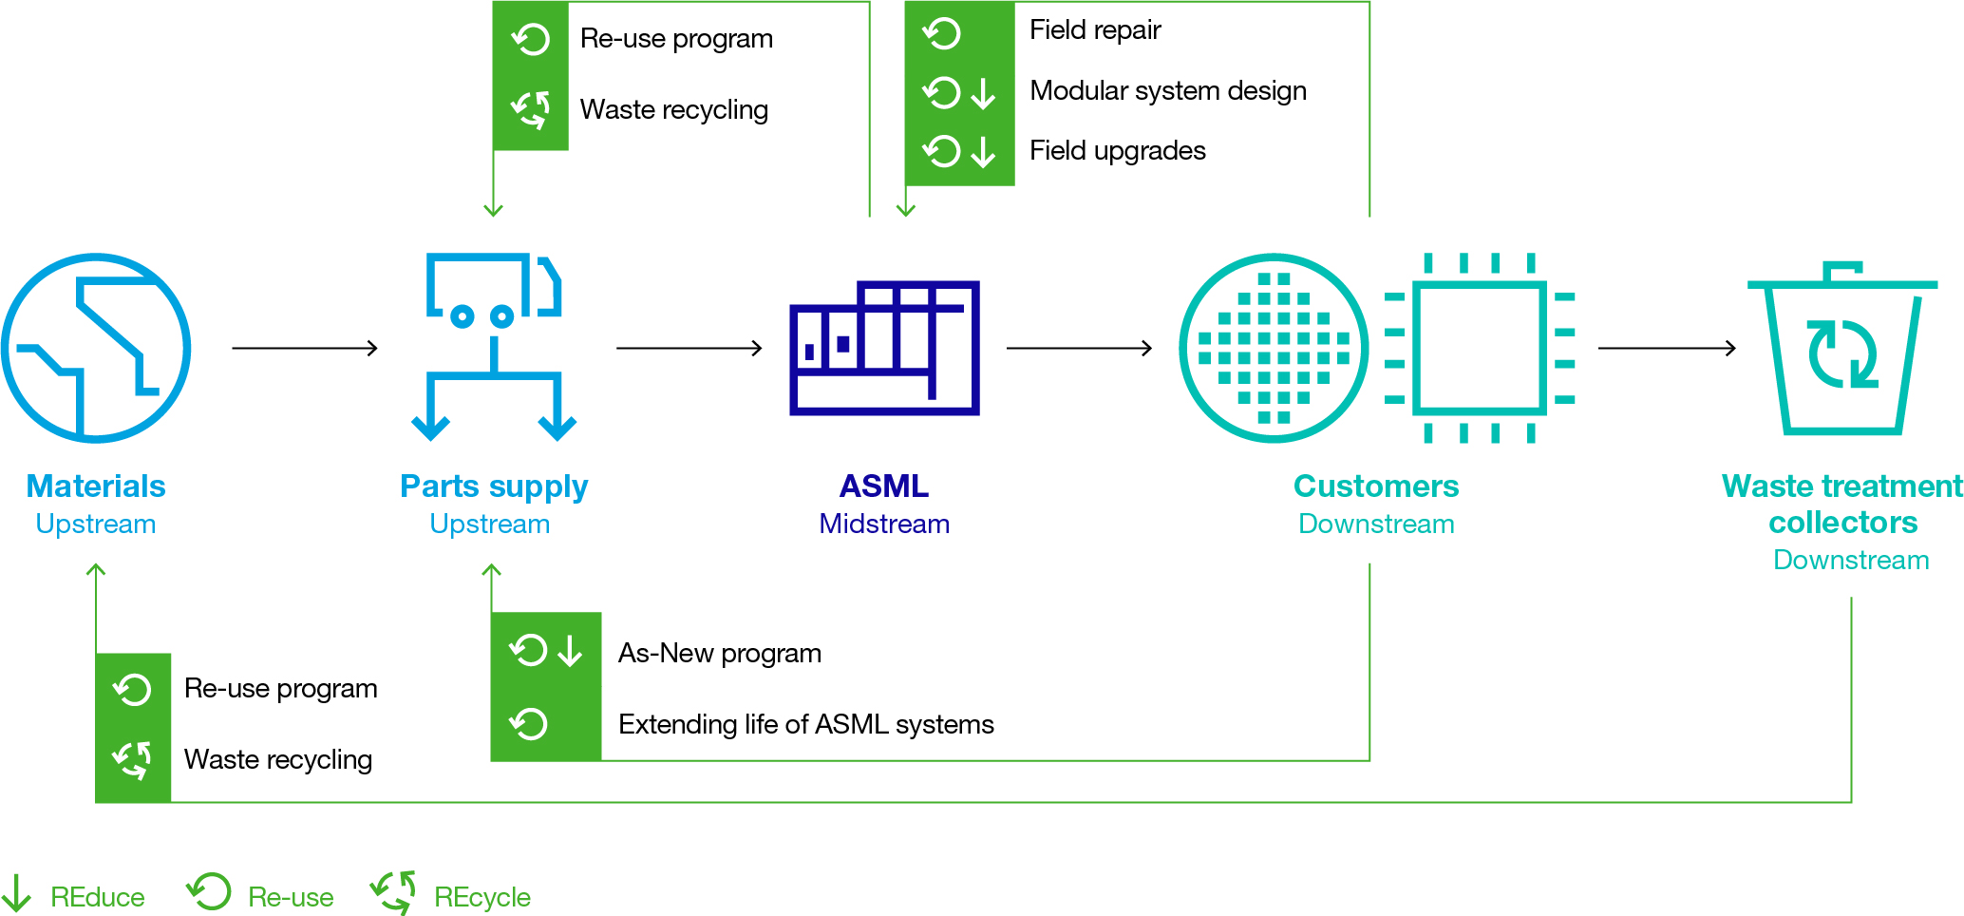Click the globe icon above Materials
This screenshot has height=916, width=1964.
(96, 348)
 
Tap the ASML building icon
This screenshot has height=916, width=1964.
(884, 348)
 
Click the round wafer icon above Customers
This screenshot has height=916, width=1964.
(1274, 348)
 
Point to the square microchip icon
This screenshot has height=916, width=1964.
(1479, 348)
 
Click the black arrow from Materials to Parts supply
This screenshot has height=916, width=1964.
(304, 348)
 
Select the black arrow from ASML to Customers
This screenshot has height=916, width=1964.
(1079, 348)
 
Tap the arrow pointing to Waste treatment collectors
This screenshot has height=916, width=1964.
(1667, 348)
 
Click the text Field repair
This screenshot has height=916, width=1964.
(1095, 30)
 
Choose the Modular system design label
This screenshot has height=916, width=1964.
(1167, 91)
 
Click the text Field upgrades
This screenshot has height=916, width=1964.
(1117, 151)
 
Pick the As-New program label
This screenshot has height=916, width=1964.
(719, 654)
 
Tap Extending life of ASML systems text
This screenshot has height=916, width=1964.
(805, 725)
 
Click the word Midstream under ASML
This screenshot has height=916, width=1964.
(884, 524)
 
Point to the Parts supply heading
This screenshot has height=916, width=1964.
(494, 487)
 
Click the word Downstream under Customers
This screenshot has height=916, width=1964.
(1376, 524)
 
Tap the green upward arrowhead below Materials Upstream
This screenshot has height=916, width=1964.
(96, 570)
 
